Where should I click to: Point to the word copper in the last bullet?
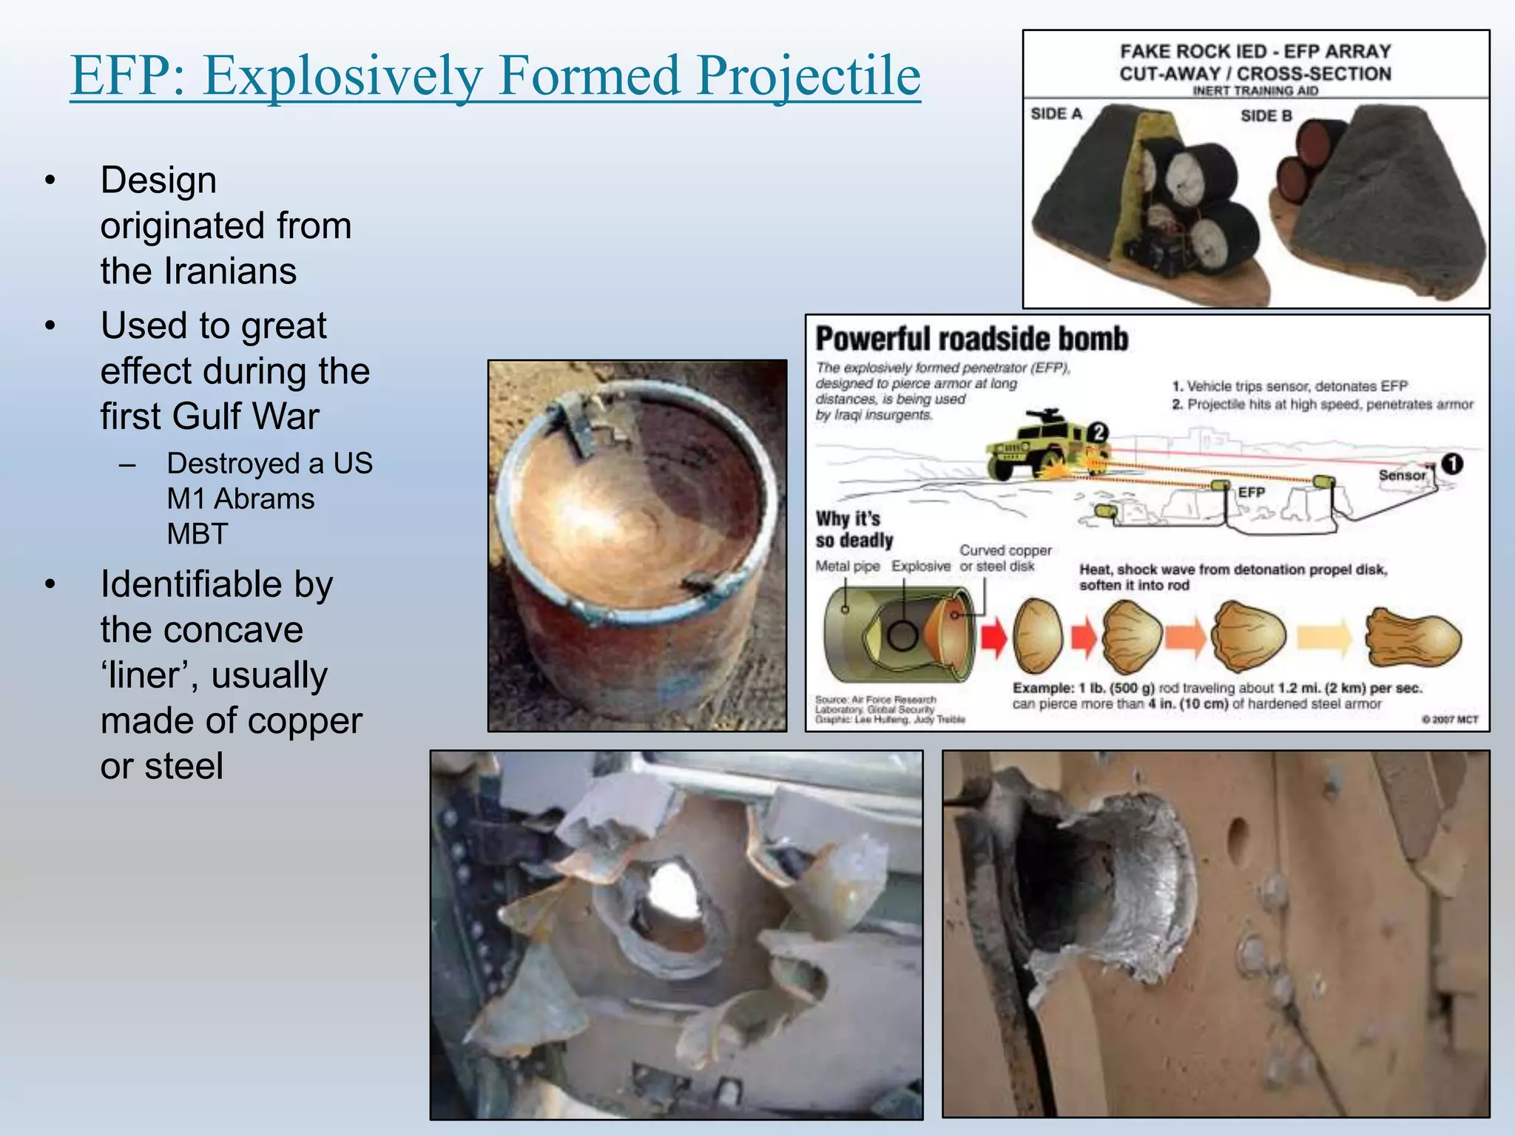[x=306, y=720]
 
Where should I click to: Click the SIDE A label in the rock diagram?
[x=1056, y=114]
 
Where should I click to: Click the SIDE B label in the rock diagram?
[x=1266, y=116]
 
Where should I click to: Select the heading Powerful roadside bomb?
[x=971, y=339]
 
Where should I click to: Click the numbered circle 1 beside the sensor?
[x=1451, y=464]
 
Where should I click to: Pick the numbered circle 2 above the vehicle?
[x=1099, y=432]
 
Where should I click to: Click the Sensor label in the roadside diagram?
[x=1401, y=476]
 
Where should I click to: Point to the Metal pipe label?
[x=847, y=567]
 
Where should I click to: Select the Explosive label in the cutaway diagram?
[x=920, y=567]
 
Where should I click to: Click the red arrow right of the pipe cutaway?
[x=994, y=637]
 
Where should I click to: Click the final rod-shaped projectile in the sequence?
[x=1413, y=638]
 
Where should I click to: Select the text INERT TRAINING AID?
[x=1255, y=91]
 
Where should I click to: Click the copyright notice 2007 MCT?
[x=1449, y=720]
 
